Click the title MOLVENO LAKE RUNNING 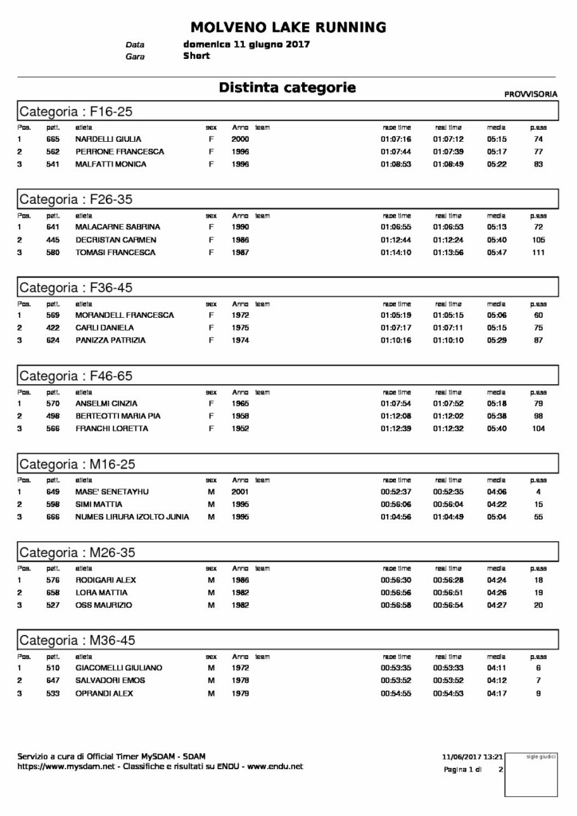pos(288,27)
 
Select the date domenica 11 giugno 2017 pos(246,45)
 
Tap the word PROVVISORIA pos(531,94)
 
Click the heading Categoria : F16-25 pos(76,111)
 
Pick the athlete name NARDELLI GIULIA pos(108,139)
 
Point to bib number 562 pos(53,151)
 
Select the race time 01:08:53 pos(396,164)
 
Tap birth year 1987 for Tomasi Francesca pos(240,253)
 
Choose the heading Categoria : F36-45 pos(76,287)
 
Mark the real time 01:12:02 pos(449,416)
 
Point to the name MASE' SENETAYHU pos(112,492)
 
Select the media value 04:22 pos(497,504)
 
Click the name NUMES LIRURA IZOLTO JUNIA pos(132,517)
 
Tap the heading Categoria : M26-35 pos(77,551)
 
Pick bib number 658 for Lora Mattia pos(53,593)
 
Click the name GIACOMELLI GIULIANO pos(119,668)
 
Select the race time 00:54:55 pos(396,693)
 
